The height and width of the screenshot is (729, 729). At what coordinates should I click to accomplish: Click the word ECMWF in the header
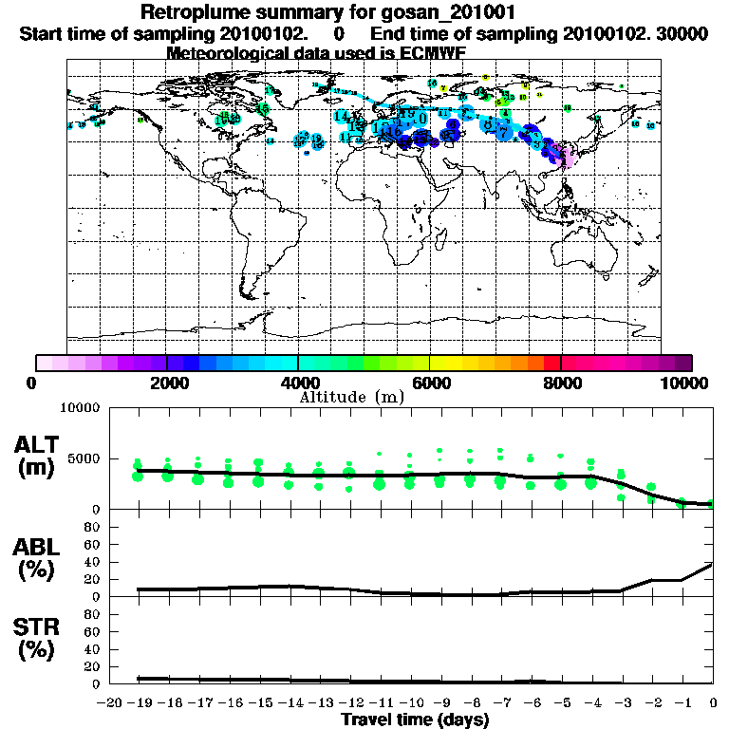coord(431,52)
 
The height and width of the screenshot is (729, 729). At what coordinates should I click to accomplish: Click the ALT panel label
coord(39,444)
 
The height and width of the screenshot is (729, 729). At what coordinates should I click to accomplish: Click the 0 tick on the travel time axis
coord(713,702)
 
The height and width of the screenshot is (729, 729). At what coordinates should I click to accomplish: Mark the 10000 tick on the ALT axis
coord(81,410)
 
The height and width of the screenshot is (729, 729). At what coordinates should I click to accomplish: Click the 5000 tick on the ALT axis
coord(84,457)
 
